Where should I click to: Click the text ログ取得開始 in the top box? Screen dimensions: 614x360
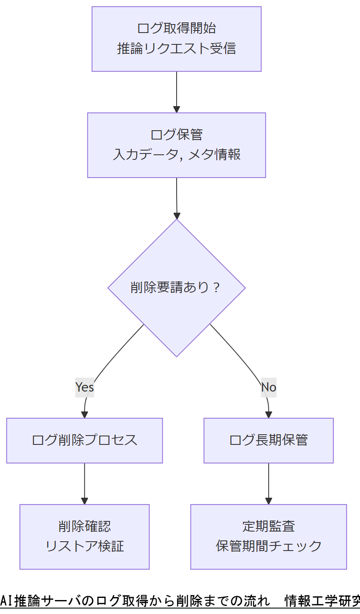(x=176, y=28)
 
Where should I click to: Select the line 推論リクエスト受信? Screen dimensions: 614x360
(x=176, y=49)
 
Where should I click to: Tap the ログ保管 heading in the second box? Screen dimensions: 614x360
(x=176, y=134)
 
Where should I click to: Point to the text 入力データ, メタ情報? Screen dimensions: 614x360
(x=176, y=154)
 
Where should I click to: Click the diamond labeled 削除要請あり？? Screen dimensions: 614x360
(x=176, y=288)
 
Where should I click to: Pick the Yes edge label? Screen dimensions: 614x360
(x=85, y=387)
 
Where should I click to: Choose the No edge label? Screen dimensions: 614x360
(x=268, y=387)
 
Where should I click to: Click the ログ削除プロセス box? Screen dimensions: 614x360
(x=85, y=440)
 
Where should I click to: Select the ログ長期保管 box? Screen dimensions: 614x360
(x=268, y=440)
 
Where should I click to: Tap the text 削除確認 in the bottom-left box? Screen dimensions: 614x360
(x=85, y=526)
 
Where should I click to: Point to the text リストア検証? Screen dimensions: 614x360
(x=85, y=546)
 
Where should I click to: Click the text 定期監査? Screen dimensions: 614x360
(x=268, y=526)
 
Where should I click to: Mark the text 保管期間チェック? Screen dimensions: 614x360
(x=268, y=546)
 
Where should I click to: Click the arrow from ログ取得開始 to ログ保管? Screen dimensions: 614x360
(x=177, y=91)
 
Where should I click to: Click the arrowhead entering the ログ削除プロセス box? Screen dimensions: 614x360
(x=85, y=415)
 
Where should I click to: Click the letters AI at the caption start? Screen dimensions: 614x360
(x=7, y=601)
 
